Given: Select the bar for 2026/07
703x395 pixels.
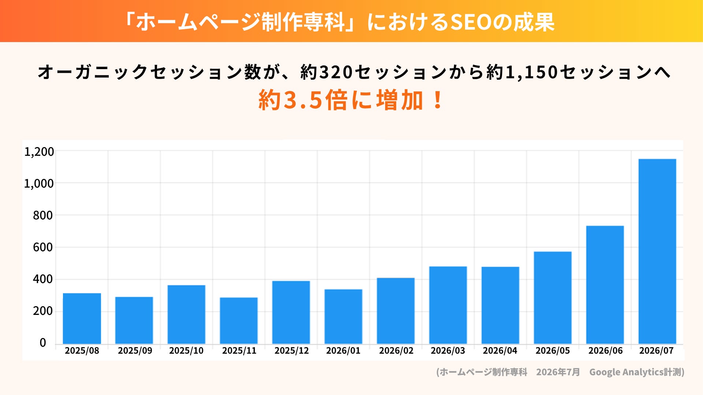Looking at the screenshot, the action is [657, 251].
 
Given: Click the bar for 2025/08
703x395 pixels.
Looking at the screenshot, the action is [82, 319].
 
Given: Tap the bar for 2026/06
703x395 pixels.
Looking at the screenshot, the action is [605, 285].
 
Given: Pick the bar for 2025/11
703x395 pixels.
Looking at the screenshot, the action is [239, 321].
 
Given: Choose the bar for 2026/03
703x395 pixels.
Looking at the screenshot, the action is [448, 305].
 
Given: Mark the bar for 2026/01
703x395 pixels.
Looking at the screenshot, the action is [343, 317].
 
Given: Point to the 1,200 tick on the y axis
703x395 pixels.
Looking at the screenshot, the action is [39, 151].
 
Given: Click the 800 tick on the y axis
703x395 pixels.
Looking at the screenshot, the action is [43, 215].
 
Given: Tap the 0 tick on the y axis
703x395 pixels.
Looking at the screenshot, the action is [43, 343].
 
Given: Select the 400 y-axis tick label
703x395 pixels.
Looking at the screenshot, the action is [43, 279].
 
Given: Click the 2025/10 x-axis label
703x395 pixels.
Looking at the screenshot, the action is [186, 351].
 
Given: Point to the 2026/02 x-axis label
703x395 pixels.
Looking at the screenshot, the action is [396, 351].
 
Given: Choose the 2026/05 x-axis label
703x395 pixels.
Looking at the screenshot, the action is [553, 351].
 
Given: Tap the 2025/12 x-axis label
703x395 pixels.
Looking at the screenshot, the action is [292, 351].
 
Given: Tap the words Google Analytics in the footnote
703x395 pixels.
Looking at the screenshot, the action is [626, 372].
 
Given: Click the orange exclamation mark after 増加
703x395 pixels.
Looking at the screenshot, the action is [438, 100].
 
